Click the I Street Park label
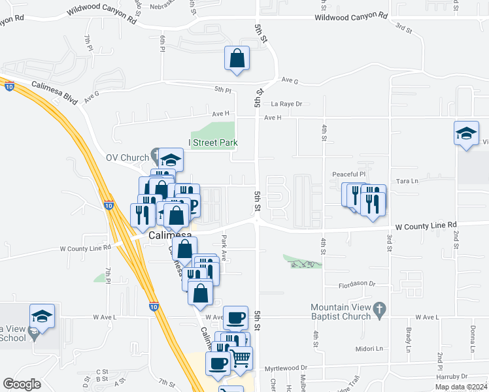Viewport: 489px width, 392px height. click(213, 142)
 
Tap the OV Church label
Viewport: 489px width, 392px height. click(128, 157)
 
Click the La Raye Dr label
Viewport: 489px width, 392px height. click(287, 103)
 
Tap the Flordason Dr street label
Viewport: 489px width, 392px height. click(356, 284)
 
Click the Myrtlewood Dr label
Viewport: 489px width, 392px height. click(286, 368)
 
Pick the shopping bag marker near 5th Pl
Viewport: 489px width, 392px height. click(237, 58)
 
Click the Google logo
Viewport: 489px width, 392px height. click(22, 384)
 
